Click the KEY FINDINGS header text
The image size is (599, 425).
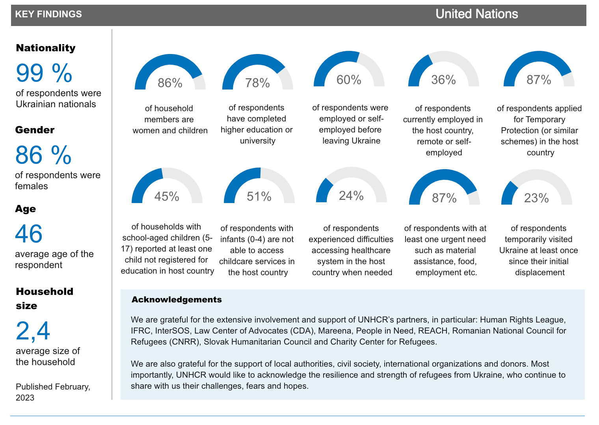(x=48, y=14)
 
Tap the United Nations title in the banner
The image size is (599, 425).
(x=477, y=14)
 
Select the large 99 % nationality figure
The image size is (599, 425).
(x=44, y=73)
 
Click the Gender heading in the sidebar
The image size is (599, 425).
(x=35, y=130)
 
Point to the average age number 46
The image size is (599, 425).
(x=29, y=234)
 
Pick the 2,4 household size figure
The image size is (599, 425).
(x=33, y=331)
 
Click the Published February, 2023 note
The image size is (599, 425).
(x=53, y=392)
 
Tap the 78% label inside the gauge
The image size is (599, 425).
(x=257, y=83)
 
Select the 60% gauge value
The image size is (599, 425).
(x=349, y=80)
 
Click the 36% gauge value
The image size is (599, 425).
(x=443, y=80)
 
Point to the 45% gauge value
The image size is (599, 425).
(x=167, y=196)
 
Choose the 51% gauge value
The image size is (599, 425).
(x=259, y=196)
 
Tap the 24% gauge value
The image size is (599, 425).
(x=351, y=196)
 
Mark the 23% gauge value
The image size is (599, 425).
(x=536, y=198)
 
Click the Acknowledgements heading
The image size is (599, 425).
(x=177, y=300)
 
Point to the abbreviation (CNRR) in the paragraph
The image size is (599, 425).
(x=184, y=342)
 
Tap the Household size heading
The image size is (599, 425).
(x=45, y=298)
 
